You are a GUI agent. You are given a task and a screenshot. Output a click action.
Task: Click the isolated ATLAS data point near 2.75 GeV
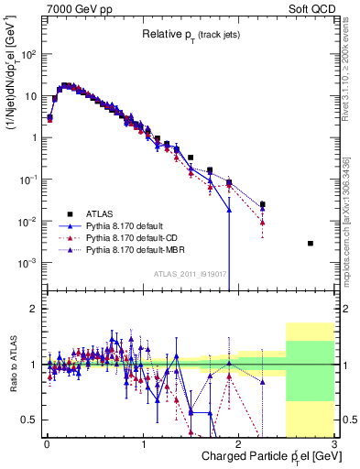point(310,243)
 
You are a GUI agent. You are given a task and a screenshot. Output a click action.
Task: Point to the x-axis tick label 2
point(239,444)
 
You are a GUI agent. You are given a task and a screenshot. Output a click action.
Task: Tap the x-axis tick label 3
point(333,444)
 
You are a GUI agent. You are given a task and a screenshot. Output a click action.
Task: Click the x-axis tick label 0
point(47,444)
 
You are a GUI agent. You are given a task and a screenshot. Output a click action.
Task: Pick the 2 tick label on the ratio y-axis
point(34,309)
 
